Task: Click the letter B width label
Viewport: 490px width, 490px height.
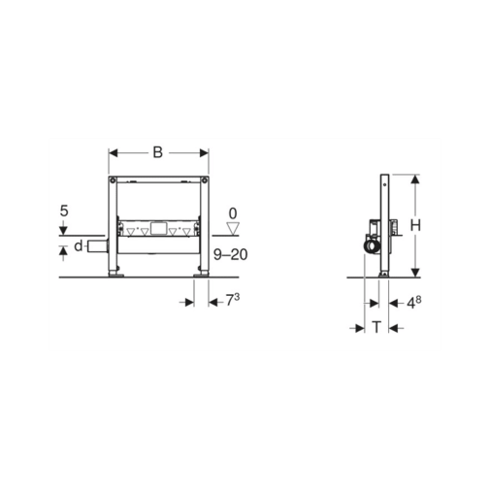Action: [157, 152]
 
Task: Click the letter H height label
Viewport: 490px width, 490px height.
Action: [415, 225]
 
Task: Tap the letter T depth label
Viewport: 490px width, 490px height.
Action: [376, 327]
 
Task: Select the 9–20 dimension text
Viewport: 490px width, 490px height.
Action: [231, 254]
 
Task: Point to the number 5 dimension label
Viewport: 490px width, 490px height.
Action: [64, 211]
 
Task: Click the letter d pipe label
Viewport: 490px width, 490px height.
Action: [79, 245]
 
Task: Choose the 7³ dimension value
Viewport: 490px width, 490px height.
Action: [233, 300]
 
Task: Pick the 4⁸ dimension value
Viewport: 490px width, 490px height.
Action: [413, 303]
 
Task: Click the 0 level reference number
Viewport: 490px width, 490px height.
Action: [233, 213]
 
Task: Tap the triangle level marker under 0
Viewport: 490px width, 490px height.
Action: [233, 228]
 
